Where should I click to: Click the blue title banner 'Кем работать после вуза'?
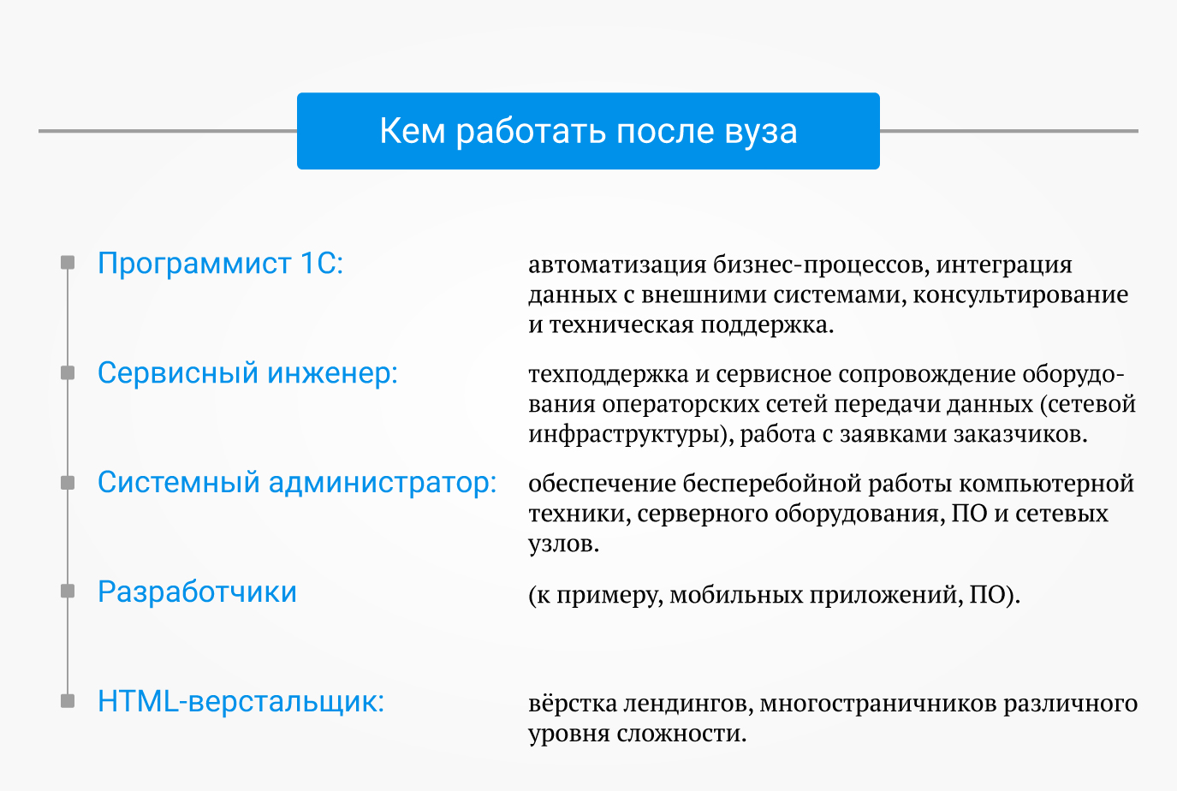pos(588,131)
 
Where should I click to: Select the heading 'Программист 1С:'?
pos(220,263)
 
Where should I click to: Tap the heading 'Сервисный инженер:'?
pos(247,374)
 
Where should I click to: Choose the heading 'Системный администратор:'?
pos(297,483)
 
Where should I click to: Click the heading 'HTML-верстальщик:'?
pos(241,702)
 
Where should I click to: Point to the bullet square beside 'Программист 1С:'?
pos(68,262)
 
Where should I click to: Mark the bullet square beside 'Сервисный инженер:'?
pos(68,372)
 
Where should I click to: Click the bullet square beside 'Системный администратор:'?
pos(68,483)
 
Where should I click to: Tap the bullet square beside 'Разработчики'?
pos(68,592)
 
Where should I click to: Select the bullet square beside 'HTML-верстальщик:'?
pos(68,701)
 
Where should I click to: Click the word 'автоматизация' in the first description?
pos(617,265)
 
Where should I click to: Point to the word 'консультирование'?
pos(1020,295)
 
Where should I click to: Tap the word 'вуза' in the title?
pos(761,132)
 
